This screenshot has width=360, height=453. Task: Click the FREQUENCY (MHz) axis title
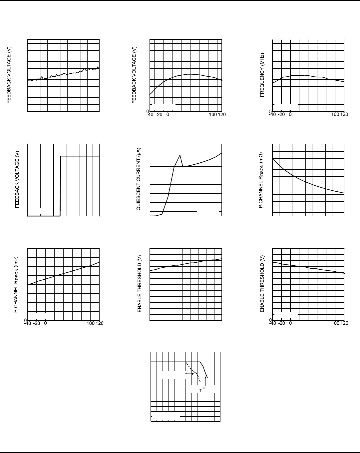pos(262,75)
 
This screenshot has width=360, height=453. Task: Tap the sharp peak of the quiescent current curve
pos(180,155)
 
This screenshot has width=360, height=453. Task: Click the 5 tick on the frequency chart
pos(270,111)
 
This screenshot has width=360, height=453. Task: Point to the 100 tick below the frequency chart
pos(336,115)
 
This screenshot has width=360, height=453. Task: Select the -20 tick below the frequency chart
pos(281,115)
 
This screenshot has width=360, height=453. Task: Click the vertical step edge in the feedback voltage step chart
pos(60,186)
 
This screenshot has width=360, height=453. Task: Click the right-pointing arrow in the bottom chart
pos(190,374)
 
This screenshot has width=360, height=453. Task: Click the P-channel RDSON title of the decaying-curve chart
pos(261,180)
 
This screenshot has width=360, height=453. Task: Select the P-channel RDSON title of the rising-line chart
pos(16,284)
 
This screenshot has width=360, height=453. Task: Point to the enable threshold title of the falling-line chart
pos(262,284)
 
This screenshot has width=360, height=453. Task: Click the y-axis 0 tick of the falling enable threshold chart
pos(270,320)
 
